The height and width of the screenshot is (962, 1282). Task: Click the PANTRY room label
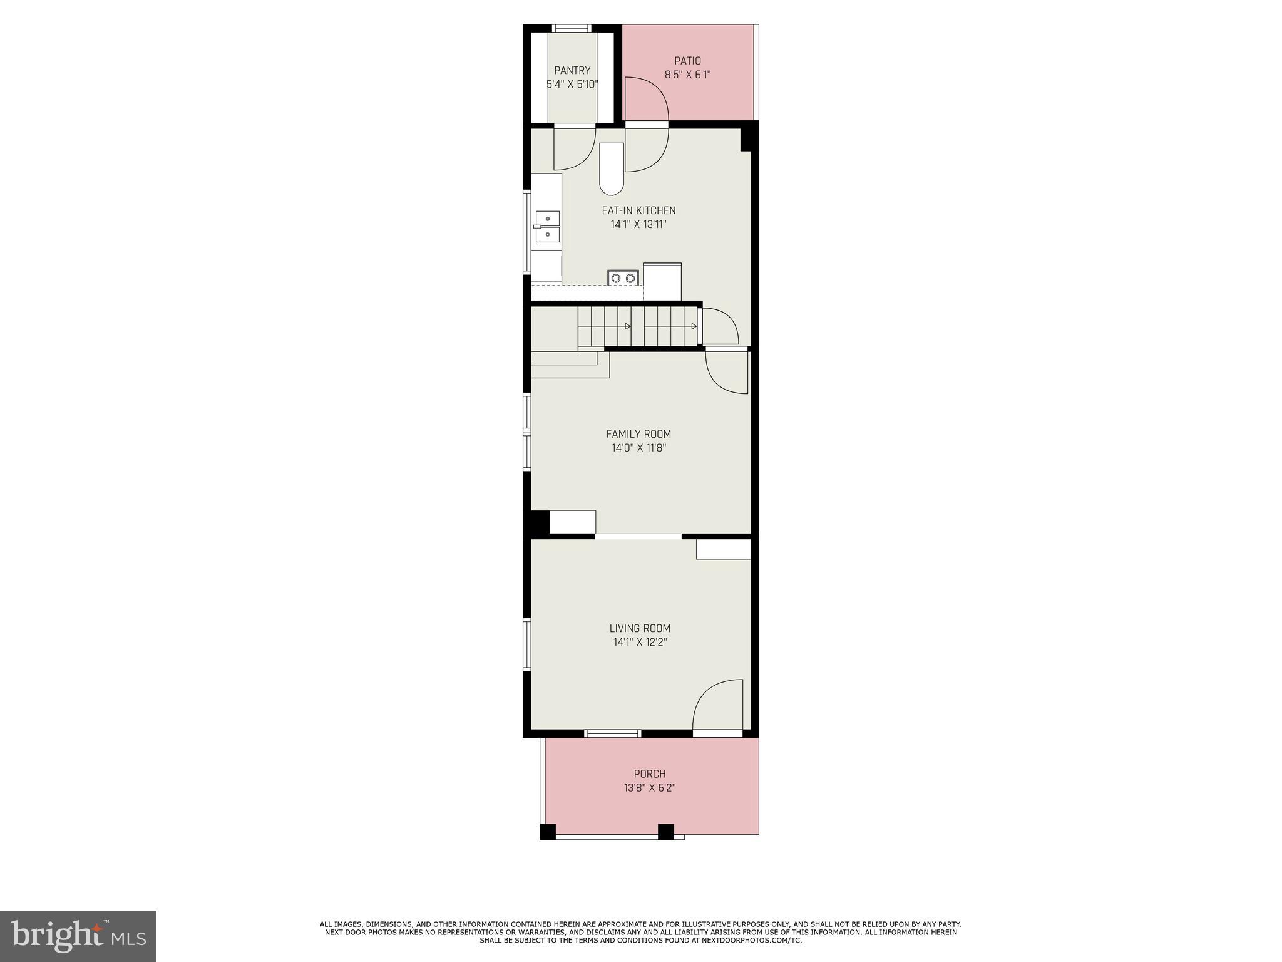coord(572,71)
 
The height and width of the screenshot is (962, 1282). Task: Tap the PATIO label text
coord(687,61)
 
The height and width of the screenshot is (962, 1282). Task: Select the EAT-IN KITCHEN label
coord(638,210)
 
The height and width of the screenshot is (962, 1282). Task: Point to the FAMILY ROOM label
coord(638,434)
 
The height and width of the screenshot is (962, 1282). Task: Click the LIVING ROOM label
coord(640,628)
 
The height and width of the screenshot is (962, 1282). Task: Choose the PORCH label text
coord(650,774)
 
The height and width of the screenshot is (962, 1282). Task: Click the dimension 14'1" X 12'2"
coord(640,642)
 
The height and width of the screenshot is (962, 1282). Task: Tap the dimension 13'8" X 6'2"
coord(650,788)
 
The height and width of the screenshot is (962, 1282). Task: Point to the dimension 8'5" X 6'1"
coord(687,75)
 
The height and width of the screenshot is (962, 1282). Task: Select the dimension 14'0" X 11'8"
coord(638,448)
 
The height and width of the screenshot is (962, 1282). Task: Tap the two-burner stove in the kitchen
coord(623,277)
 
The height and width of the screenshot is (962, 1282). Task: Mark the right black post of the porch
coord(665,831)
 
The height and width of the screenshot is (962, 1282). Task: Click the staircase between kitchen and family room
coord(637,326)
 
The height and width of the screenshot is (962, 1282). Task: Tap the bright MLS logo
coord(78,936)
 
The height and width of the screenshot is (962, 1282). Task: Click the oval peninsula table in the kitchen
coord(612,169)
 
